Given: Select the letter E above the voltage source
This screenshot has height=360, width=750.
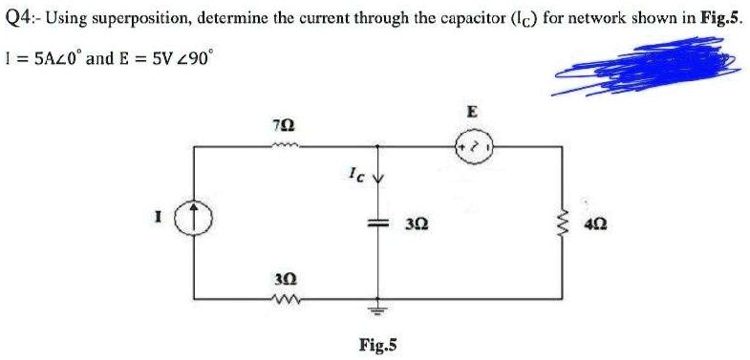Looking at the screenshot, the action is [472, 112].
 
